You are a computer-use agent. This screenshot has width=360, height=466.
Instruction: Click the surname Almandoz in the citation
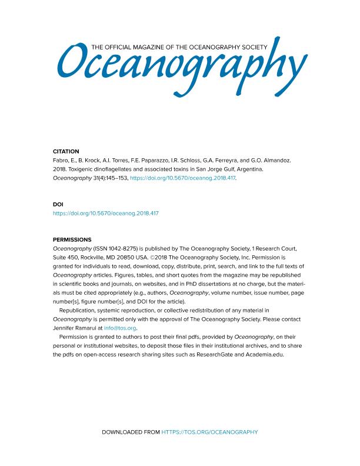[282, 160]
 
